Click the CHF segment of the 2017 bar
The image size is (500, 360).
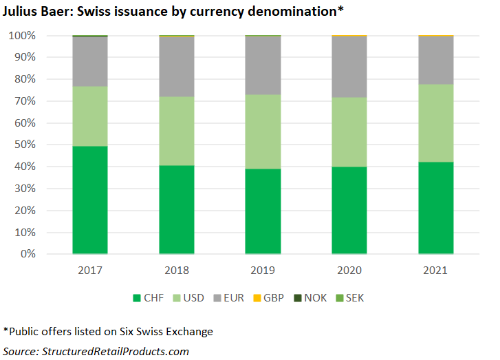pyautogui.click(x=89, y=200)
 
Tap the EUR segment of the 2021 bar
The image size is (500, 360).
pyautogui.click(x=436, y=60)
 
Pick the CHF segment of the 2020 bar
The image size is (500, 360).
pyautogui.click(x=349, y=210)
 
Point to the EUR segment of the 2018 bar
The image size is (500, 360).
pyautogui.click(x=176, y=66)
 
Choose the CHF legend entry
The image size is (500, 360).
pyautogui.click(x=146, y=298)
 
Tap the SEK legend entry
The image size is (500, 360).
pyautogui.click(x=358, y=298)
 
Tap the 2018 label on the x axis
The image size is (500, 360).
pyautogui.click(x=176, y=271)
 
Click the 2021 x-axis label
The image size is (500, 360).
pyautogui.click(x=436, y=271)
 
